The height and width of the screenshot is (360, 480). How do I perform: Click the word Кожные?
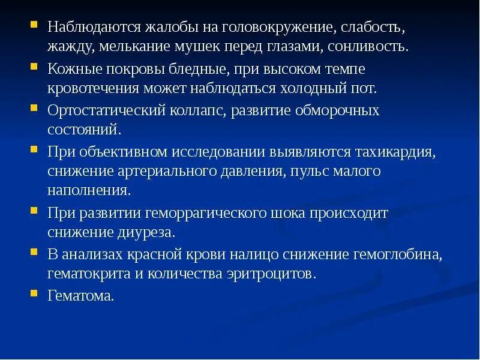tap(71, 70)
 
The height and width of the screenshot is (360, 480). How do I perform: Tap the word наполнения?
tap(88, 190)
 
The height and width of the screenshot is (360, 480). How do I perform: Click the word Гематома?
tap(80, 296)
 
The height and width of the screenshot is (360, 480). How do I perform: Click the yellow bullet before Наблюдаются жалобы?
tap(35, 26)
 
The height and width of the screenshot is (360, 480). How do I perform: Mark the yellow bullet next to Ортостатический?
tap(35, 109)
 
